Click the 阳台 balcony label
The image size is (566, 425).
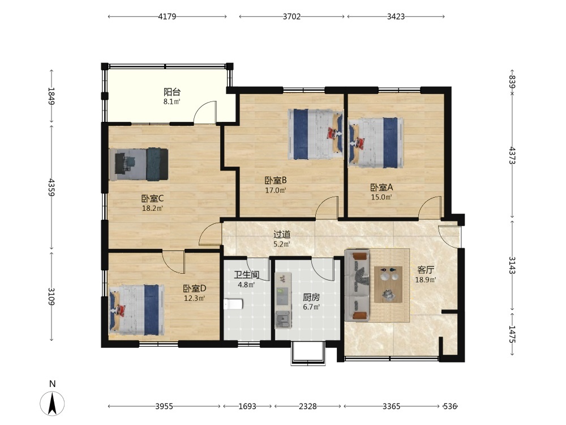172,92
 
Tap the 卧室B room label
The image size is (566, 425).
276,180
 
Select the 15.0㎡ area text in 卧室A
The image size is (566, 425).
381,197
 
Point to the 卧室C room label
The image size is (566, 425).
152,198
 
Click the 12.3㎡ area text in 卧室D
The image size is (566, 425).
194,298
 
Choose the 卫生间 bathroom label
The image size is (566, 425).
247,275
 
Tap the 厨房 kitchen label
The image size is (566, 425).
311,297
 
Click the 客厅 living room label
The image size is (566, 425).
426,270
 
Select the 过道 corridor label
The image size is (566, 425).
282,234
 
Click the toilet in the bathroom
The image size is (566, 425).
233,304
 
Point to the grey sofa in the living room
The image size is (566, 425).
357,286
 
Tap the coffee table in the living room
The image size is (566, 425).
388,284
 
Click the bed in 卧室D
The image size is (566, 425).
136,310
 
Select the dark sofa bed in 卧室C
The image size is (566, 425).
139,164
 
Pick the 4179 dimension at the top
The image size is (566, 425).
167,16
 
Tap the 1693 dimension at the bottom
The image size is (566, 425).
247,406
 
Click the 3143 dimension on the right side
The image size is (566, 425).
512,265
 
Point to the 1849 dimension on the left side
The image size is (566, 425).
52,96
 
